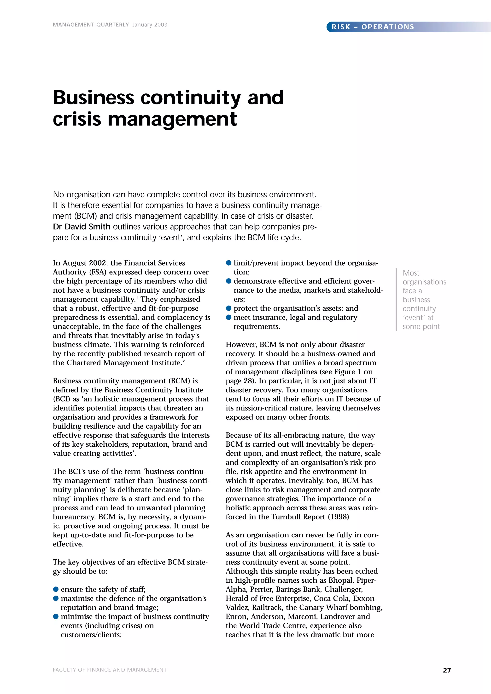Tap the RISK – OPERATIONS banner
point(373,27)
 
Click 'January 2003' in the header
point(150,25)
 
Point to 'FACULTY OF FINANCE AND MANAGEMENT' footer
point(110,670)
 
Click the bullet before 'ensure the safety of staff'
point(56,589)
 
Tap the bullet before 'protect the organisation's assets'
point(229,308)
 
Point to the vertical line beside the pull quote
point(396,300)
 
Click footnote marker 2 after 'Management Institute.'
point(184,361)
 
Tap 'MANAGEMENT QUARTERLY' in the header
point(91,25)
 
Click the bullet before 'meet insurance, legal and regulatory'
point(229,317)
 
